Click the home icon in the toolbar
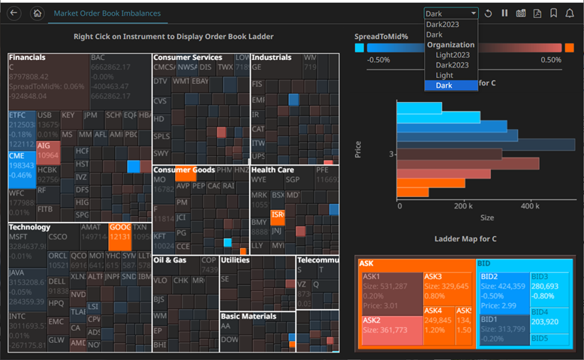click(38, 13)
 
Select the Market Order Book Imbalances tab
click(107, 13)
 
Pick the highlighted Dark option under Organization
click(444, 85)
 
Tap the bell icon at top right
click(569, 13)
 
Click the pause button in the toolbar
click(504, 13)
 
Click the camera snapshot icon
click(520, 13)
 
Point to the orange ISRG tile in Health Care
click(278, 218)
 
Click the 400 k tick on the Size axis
click(530, 205)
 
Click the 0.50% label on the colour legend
click(550, 60)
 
